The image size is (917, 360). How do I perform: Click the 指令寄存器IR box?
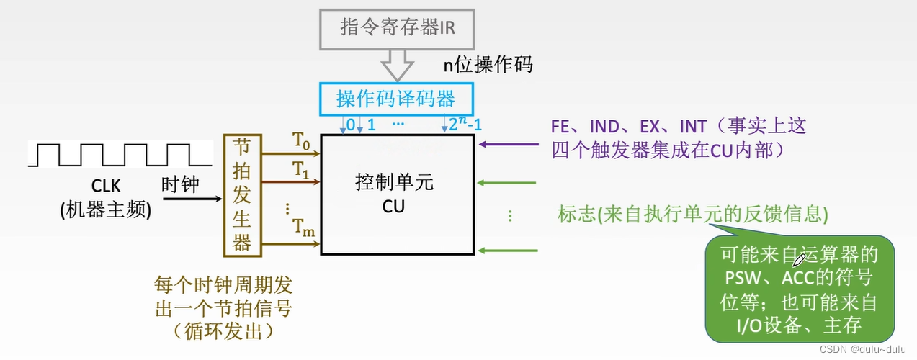pyautogui.click(x=398, y=28)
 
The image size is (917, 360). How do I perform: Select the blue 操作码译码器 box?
pyautogui.click(x=395, y=97)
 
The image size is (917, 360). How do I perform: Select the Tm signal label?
pyautogui.click(x=303, y=229)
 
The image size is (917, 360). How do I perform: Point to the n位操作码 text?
pyautogui.click(x=488, y=66)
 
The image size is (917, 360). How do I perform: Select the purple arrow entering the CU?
pyautogui.click(x=508, y=145)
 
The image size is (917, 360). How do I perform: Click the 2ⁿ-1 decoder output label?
pyautogui.click(x=465, y=124)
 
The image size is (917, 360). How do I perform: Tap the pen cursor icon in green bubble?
pyautogui.click(x=800, y=258)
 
